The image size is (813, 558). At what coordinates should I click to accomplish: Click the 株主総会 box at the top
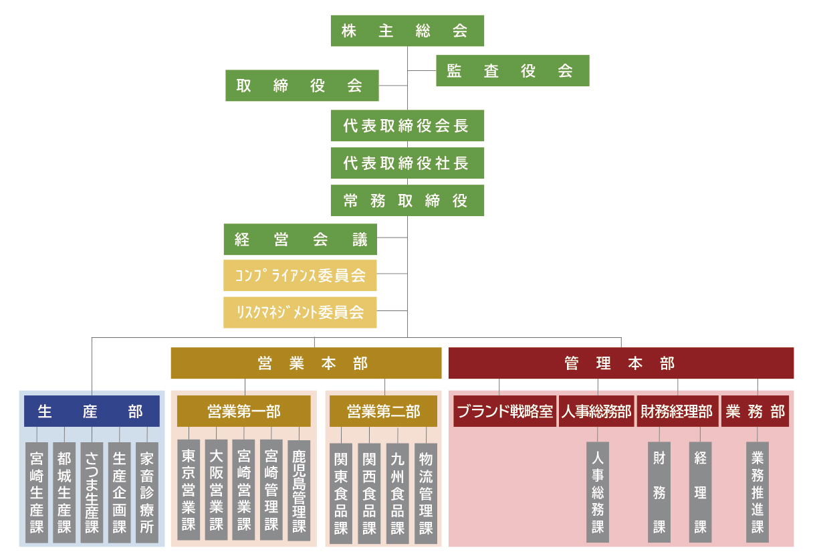(407, 31)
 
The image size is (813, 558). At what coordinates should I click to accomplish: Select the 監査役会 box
(513, 71)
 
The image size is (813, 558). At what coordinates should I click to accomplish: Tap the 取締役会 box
(302, 86)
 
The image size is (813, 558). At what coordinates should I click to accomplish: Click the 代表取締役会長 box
(407, 126)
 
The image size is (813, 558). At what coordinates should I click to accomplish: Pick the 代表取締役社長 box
(407, 163)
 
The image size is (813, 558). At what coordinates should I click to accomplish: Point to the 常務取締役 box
(407, 200)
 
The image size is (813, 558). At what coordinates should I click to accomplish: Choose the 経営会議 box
(300, 240)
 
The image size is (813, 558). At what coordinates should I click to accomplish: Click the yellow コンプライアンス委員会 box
(300, 276)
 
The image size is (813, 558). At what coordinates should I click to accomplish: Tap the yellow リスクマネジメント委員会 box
(300, 312)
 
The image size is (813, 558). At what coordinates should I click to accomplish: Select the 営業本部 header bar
(306, 363)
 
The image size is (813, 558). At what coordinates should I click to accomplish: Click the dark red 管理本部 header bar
(620, 363)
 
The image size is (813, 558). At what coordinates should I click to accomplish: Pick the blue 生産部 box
(92, 411)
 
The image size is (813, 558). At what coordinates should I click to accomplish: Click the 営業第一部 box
(244, 411)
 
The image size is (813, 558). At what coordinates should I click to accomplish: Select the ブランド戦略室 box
(505, 411)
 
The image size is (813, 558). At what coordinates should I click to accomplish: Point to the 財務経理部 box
(677, 411)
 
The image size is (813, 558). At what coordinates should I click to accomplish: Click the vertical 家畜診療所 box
(147, 492)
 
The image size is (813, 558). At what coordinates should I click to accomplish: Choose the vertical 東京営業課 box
(189, 489)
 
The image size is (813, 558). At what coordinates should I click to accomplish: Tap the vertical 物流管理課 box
(426, 493)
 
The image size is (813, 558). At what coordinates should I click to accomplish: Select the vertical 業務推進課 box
(758, 492)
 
